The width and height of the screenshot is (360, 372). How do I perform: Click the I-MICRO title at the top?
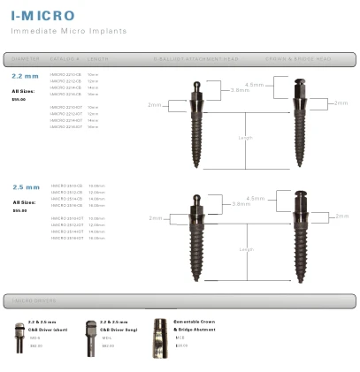(42, 15)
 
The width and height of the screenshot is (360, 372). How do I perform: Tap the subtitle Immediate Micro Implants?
(68, 31)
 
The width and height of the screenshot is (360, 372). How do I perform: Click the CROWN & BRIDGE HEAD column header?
(298, 59)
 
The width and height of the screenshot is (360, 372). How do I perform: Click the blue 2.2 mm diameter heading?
(26, 77)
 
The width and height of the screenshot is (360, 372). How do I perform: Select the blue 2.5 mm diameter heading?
(27, 187)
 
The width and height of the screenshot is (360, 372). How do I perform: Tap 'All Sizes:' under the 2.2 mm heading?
(23, 91)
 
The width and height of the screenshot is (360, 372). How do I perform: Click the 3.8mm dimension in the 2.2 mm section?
(240, 90)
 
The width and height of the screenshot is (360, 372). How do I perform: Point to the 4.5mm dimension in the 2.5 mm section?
(255, 199)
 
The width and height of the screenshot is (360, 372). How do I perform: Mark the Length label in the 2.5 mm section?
(246, 250)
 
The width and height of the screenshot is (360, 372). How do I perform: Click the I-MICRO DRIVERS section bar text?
(34, 301)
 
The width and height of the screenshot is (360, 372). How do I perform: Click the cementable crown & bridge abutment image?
(160, 335)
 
